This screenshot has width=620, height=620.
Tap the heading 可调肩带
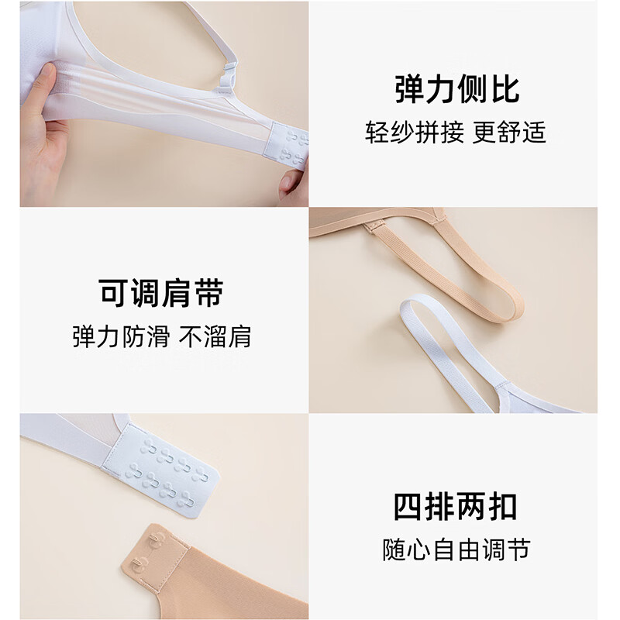(x=161, y=293)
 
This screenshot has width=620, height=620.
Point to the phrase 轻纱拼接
(x=415, y=133)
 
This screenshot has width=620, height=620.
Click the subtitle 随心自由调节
(x=456, y=549)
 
